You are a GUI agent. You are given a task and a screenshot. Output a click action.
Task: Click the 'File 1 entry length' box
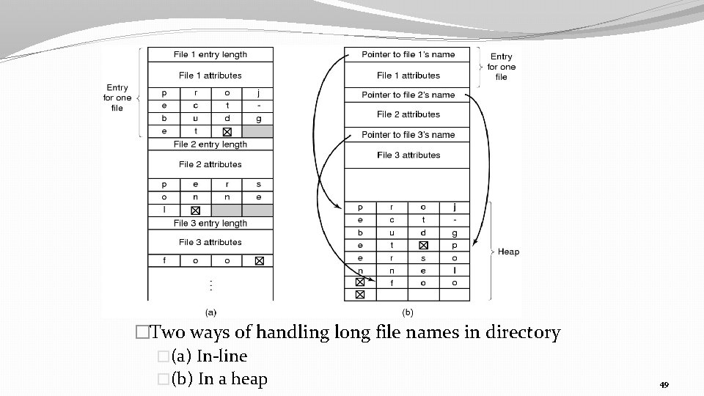click(x=210, y=54)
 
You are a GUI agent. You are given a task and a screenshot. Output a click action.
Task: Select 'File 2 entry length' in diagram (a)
click(x=210, y=144)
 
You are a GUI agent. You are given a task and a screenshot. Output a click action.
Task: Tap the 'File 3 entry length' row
click(x=210, y=223)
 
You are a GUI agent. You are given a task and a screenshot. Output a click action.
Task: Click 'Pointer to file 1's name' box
click(x=408, y=54)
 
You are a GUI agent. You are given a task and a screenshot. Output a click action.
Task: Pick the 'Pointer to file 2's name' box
click(x=408, y=95)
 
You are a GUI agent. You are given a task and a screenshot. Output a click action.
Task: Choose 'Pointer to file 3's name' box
click(x=408, y=135)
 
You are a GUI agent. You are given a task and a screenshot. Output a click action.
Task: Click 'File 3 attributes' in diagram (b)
click(x=408, y=155)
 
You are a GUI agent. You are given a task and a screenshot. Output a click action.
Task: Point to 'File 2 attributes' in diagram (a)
click(x=210, y=164)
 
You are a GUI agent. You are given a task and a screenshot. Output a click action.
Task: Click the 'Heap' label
click(x=508, y=252)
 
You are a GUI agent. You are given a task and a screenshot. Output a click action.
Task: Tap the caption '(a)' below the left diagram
click(x=210, y=312)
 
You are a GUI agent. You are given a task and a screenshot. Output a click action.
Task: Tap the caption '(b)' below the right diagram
click(x=407, y=312)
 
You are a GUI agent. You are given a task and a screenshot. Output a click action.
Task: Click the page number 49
click(x=664, y=385)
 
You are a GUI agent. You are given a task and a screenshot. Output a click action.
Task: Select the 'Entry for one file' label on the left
click(x=117, y=98)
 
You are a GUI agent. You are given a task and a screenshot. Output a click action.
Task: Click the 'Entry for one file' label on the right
click(x=502, y=67)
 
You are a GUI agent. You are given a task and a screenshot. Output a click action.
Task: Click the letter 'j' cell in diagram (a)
click(x=258, y=93)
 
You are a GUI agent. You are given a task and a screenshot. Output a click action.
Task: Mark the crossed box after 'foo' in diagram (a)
click(x=258, y=260)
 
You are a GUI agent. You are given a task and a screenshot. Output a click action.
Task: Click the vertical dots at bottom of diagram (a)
click(x=211, y=283)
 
